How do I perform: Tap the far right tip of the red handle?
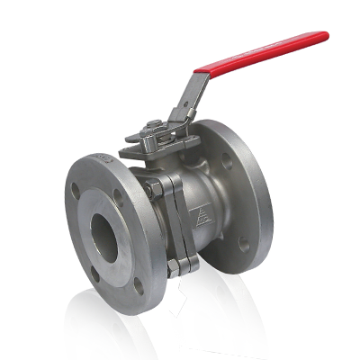pos(326,36)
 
